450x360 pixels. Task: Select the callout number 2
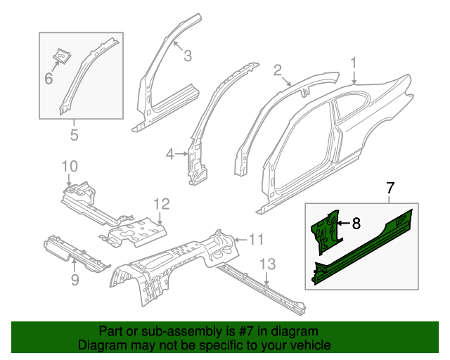coord(278,69)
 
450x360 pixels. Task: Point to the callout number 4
coord(170,154)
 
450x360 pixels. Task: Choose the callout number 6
coord(49,79)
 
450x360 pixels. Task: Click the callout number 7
coord(391,188)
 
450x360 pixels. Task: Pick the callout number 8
coord(356,224)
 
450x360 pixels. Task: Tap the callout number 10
coord(68,167)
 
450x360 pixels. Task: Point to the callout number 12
coord(162,204)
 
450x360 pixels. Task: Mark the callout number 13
coord(266,264)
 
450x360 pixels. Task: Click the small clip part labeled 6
coord(62,54)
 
